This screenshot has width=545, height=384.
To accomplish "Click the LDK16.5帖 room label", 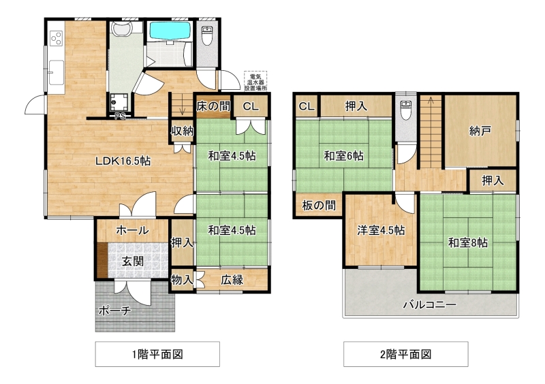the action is pos(123,161).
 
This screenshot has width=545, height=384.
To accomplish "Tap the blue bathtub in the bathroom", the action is pos(170,31).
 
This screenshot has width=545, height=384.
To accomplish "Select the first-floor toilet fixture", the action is pos(207,35).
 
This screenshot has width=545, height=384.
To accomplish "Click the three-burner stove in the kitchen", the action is pos(56,38).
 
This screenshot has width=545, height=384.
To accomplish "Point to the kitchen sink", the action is pos(56,72).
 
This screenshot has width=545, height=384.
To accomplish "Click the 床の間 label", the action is pos(213,106).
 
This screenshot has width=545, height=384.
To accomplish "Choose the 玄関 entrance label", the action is pos(132,261).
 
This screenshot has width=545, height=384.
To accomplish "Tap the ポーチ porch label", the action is pos(114,310).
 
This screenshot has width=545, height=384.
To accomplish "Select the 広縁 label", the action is pos(232,280).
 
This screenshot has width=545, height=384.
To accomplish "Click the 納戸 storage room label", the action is pos(480,131).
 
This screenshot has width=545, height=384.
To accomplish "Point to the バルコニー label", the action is pos(430,305).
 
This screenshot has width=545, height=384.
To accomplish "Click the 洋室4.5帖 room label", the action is pos(381,230).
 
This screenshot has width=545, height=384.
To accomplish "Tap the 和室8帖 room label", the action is pos(468,242).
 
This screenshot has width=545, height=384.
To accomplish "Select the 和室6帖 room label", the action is pos(344,156).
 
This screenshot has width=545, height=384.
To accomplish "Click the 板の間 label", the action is pos(319,206).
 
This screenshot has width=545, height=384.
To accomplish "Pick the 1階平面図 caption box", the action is pos(157,354).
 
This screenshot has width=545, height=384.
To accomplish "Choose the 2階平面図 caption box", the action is pos(405,354).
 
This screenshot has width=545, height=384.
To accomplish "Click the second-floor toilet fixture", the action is pos(405,110).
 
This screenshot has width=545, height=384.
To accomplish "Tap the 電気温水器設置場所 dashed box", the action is pos(255,81).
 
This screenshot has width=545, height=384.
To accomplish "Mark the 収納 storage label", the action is pos(182,131).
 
